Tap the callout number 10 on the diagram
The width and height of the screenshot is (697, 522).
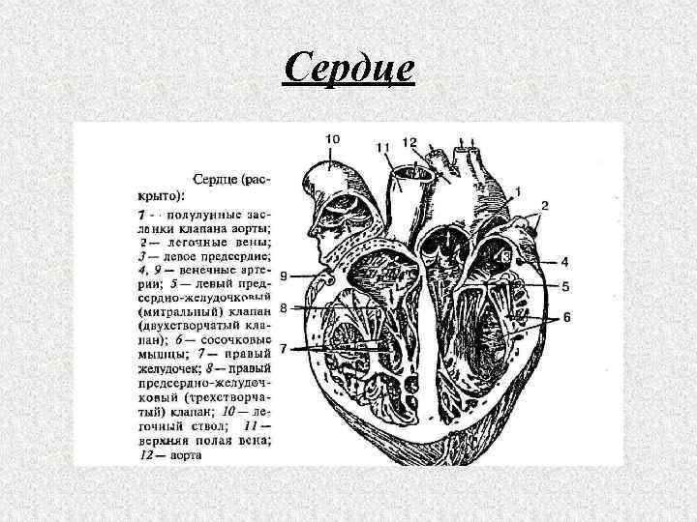(331, 139)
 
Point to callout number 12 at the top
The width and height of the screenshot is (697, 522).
(409, 143)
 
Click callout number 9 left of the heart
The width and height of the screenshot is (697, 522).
(283, 276)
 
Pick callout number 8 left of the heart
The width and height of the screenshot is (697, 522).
(283, 308)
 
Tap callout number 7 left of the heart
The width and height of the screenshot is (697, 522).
(283, 347)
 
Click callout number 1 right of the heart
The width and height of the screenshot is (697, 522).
(520, 192)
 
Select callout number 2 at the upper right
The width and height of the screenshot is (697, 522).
(545, 205)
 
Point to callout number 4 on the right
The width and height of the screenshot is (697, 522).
(564, 262)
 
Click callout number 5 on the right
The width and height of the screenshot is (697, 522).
(564, 286)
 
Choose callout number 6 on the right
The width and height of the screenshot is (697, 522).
(567, 317)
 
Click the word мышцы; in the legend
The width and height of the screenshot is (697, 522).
(159, 356)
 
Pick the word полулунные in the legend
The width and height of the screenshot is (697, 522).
(200, 213)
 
